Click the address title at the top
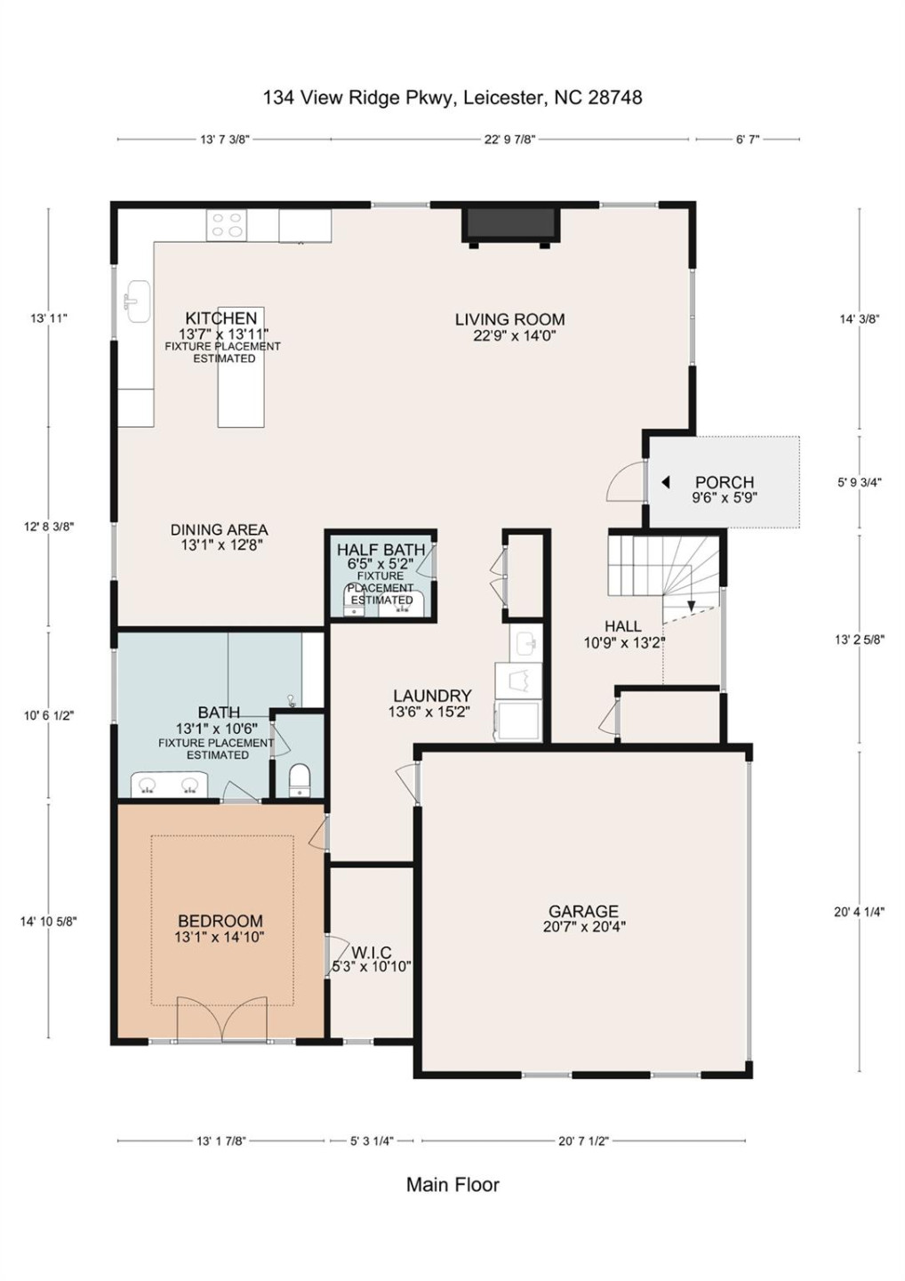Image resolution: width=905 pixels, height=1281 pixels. pos(452,98)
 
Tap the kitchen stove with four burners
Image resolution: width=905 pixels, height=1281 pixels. pos(227,224)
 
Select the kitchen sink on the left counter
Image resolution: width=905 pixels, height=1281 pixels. pos(136,301)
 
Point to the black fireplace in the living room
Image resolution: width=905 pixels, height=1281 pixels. pos(510,224)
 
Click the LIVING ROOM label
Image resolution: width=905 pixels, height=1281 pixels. pos(509,319)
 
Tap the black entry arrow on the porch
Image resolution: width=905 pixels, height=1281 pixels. pos(665,482)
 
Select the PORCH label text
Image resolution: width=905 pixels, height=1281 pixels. pos(724,482)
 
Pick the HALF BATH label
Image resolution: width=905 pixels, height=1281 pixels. pos(380,550)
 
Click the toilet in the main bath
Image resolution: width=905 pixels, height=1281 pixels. pos(300,779)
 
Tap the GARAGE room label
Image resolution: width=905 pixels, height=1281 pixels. pos(583,911)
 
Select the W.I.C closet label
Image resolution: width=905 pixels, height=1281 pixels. pos(371,953)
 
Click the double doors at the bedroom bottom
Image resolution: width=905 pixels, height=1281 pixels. pos(221,1019)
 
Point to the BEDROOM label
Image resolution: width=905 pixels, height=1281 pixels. pos(220,922)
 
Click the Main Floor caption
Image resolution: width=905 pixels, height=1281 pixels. pos(452,1185)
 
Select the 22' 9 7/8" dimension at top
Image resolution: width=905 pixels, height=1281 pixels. pos(509,140)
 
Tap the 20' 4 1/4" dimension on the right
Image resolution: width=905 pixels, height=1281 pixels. pos(859,912)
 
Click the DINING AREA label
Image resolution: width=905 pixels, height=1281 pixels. pos(219,529)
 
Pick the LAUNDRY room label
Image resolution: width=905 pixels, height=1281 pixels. pos(432,696)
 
